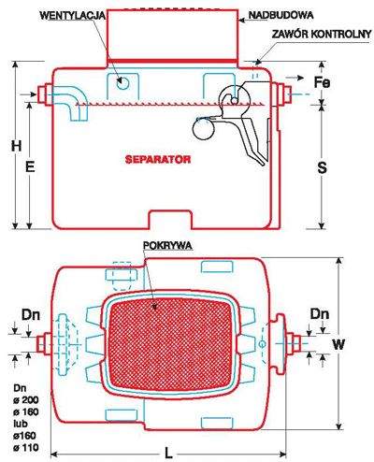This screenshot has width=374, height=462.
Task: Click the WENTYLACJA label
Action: (x=73, y=16)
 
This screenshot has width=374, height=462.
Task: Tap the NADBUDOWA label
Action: (x=280, y=15)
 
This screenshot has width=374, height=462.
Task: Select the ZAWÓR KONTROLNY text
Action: (x=322, y=34)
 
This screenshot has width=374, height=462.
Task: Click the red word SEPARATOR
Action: (x=158, y=159)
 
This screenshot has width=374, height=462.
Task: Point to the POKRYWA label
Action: (x=167, y=246)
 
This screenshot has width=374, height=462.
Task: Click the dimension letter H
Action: (x=17, y=146)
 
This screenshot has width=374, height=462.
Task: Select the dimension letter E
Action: (x=30, y=167)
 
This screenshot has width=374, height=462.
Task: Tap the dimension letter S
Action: (x=322, y=167)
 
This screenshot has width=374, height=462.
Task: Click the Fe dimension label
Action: (x=322, y=82)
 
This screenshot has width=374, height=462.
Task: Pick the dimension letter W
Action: (x=338, y=344)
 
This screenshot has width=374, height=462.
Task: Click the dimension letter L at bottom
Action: (x=168, y=453)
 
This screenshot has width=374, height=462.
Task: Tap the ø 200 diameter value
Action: (x=26, y=400)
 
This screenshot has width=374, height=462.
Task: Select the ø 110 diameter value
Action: (x=26, y=448)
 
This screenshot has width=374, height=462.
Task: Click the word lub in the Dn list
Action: (x=21, y=424)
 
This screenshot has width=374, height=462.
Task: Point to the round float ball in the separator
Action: (x=204, y=129)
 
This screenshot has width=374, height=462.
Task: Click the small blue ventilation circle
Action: (x=122, y=83)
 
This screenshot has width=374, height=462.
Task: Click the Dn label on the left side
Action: (x=31, y=315)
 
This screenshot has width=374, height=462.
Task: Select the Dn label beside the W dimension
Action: (x=320, y=314)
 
